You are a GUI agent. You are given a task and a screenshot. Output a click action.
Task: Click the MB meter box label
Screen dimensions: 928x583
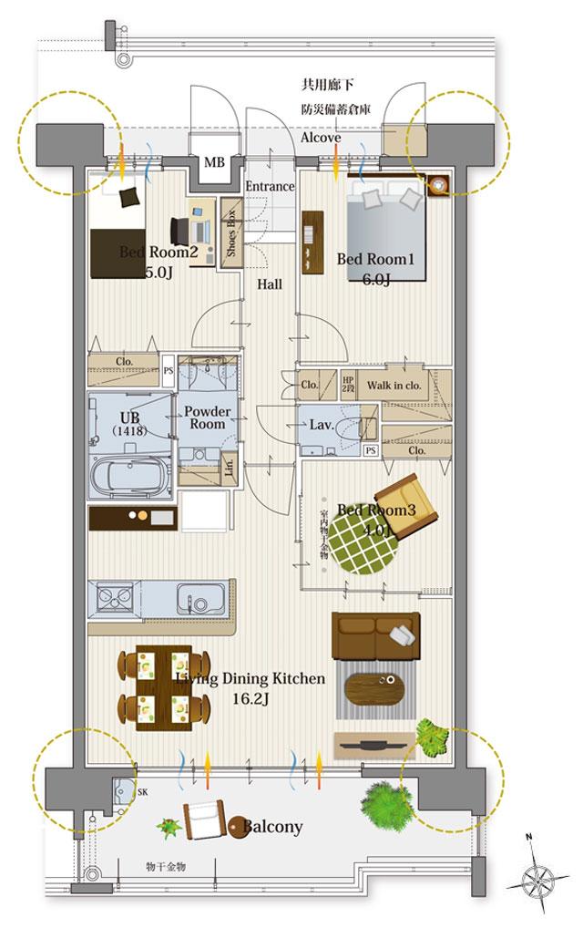[213, 163]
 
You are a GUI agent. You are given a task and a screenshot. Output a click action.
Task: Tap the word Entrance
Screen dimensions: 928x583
[271, 186]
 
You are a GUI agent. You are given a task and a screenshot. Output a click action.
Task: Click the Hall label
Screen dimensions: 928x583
[269, 284]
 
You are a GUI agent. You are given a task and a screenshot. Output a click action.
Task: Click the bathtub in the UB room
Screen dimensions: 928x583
[132, 476]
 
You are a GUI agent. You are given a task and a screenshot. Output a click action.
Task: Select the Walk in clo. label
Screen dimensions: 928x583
[394, 385]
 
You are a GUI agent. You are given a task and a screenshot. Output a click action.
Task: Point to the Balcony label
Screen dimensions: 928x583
[273, 827]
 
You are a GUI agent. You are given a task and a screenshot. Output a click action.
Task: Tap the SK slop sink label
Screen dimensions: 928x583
[142, 792]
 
